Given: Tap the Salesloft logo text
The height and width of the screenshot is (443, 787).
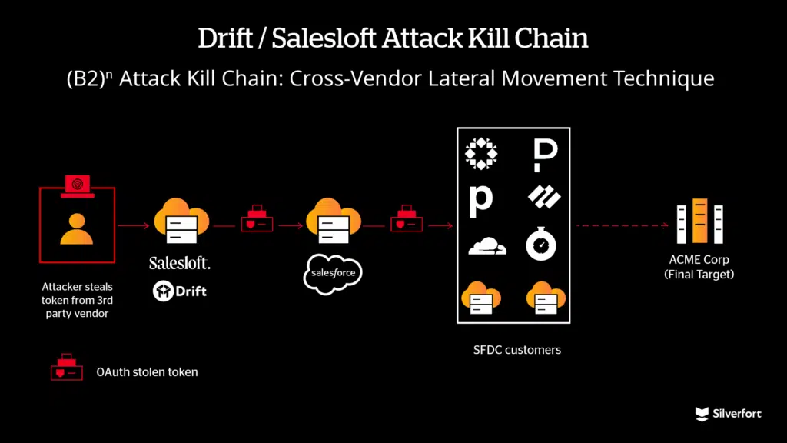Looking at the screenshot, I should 180,263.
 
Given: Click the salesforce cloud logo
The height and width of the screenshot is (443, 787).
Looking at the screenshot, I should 332,272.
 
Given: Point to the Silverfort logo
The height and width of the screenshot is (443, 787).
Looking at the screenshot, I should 728,414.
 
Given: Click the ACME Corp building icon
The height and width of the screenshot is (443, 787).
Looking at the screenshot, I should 699,221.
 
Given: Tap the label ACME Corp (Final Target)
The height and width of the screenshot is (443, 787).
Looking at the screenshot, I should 699,266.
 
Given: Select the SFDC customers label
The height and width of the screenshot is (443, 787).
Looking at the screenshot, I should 516,350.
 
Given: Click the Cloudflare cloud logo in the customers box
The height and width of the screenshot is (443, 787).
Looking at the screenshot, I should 487,246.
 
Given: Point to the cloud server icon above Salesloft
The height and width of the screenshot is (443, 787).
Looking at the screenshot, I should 181,221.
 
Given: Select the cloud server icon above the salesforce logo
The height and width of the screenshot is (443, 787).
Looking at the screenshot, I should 332,221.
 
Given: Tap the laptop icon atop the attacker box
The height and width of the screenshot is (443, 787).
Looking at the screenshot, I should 76,185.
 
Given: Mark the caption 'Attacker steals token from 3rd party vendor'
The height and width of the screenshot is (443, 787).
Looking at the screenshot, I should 76,301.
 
